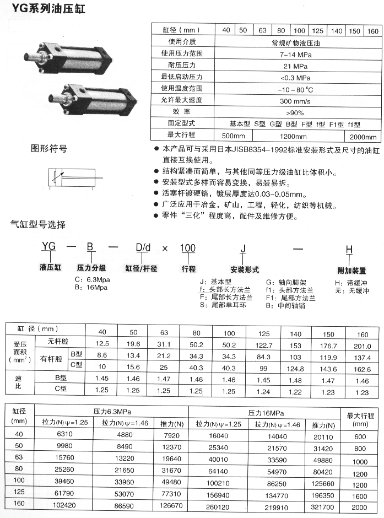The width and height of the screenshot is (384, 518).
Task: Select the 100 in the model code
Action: click(x=188, y=248)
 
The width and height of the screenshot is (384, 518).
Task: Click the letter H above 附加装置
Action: click(x=348, y=250)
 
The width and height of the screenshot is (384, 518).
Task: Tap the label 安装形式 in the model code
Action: click(x=244, y=270)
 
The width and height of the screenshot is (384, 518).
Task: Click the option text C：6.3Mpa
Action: click(x=92, y=280)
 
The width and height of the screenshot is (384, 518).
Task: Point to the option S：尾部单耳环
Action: click(x=224, y=304)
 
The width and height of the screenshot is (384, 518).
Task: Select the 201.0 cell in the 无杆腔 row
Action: click(x=363, y=346)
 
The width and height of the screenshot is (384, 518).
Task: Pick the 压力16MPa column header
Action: click(x=262, y=413)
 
